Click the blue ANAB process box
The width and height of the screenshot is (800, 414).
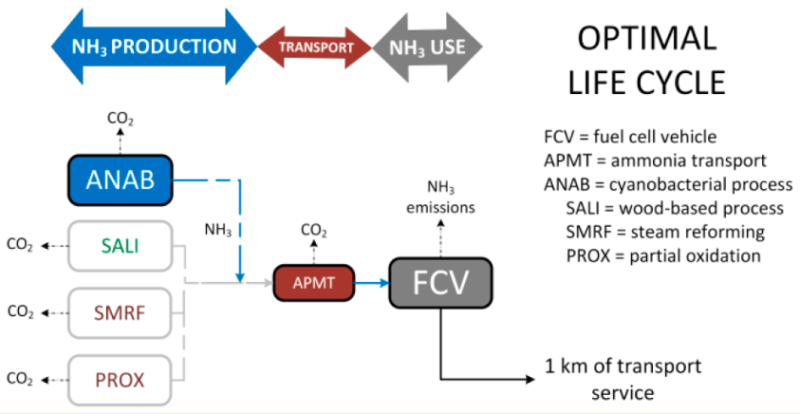pyautogui.click(x=121, y=178)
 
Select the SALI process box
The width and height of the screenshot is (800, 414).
pyautogui.click(x=121, y=246)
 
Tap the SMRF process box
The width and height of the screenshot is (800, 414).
pyautogui.click(x=121, y=311)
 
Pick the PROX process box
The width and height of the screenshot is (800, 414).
pyautogui.click(x=121, y=379)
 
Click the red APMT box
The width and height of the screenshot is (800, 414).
pyautogui.click(x=313, y=282)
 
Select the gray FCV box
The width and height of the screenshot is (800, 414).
pyautogui.click(x=442, y=282)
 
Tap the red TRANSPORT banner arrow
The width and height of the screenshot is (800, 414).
pyautogui.click(x=314, y=47)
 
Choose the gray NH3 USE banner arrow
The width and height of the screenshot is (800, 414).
pyautogui.click(x=428, y=47)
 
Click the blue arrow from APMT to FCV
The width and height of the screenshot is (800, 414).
pyautogui.click(x=370, y=282)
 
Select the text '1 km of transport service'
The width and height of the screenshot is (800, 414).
pyautogui.click(x=622, y=378)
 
